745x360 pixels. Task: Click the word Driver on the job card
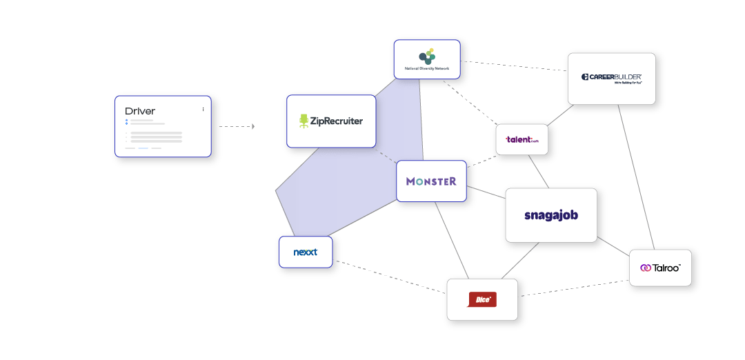coord(140,111)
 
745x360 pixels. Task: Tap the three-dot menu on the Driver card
coord(203,109)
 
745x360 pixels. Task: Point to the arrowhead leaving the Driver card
coord(253,126)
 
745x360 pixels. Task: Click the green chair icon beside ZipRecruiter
coord(304,121)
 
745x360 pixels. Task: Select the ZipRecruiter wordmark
coord(337,121)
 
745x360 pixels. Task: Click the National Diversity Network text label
coord(426,68)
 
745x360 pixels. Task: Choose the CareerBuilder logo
coord(611,77)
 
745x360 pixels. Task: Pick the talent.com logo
coord(521,139)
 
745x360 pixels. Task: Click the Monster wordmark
coord(431,181)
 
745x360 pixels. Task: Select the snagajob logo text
coord(550,214)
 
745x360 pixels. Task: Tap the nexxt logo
coord(305,252)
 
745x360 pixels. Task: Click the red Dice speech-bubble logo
coord(481,299)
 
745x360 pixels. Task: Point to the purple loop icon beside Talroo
coord(646,268)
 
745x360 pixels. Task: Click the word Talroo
coord(666,268)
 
